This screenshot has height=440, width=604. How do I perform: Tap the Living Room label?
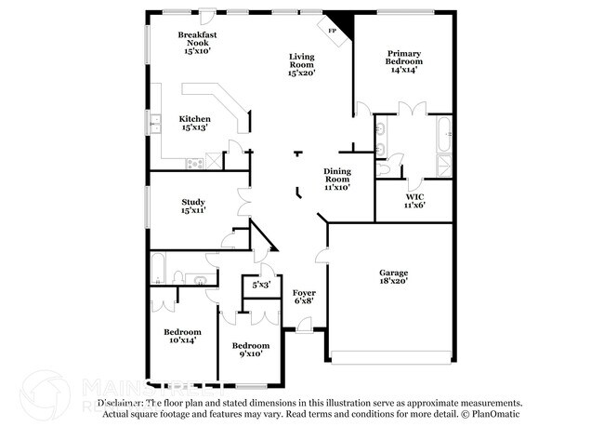coord(302,60)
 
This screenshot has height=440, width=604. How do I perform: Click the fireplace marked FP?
coord(334,29)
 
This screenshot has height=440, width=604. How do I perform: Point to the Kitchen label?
coord(194,119)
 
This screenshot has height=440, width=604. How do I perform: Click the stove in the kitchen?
coord(195,164)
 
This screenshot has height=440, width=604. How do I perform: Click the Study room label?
coord(193,202)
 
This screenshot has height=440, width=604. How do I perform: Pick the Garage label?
coord(394,271)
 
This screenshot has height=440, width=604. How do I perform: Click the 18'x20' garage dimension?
coord(394,280)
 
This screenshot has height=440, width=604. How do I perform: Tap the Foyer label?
coord(304,292)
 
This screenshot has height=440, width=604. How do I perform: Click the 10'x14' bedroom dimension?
coord(182,341)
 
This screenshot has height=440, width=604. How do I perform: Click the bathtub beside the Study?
coord(158,267)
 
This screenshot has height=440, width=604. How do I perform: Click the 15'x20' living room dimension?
coord(302,72)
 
